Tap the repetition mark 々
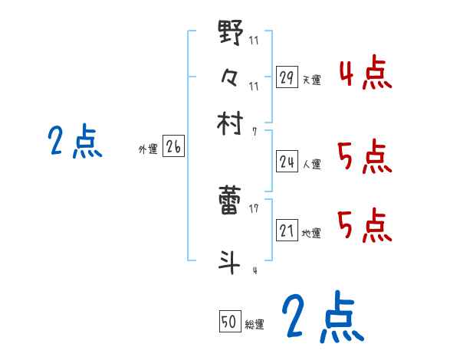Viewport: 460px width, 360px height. click(231, 77)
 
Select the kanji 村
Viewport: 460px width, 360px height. click(231, 123)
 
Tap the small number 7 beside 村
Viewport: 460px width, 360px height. click(254, 131)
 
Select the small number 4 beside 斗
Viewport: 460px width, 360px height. click(254, 270)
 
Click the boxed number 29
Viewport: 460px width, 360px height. click(287, 77)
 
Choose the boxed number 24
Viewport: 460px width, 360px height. click(287, 162)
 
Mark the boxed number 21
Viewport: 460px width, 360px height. click(287, 231)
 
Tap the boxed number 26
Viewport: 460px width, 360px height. click(173, 148)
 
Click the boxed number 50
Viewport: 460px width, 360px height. click(228, 322)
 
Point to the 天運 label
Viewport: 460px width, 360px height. click(311, 80)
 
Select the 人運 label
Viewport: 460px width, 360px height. click(311, 164)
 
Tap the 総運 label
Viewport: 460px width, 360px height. click(254, 324)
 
